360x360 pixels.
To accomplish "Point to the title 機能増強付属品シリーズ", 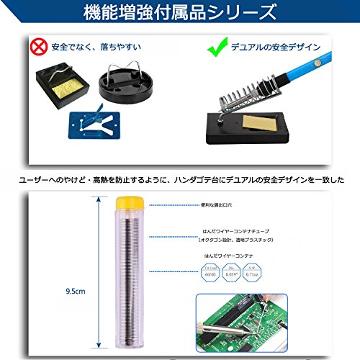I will [179, 12].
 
